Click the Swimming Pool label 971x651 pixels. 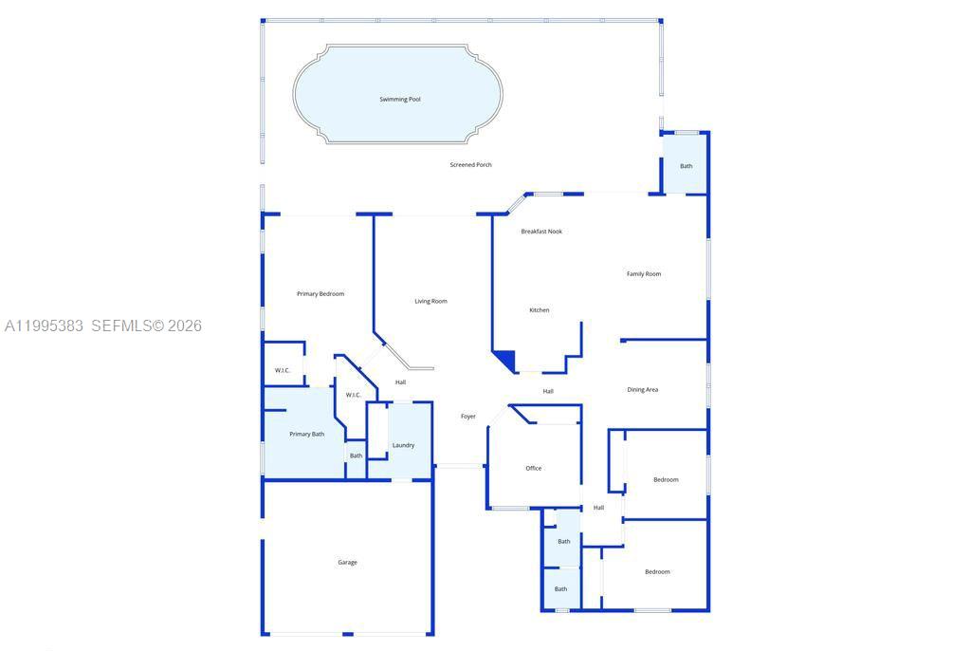[400, 100]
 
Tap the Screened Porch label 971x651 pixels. [470, 165]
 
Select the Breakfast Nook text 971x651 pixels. [541, 232]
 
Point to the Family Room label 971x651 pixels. [644, 274]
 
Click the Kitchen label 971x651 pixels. [539, 310]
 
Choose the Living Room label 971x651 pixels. [431, 302]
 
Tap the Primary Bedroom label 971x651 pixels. [321, 294]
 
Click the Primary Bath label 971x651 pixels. [306, 434]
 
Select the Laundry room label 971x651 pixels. [403, 445]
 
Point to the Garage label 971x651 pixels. [348, 563]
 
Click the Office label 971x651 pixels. [534, 468]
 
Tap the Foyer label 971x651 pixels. [468, 417]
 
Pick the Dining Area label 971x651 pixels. [643, 390]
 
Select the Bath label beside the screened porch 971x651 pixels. [686, 166]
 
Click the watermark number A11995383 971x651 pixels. [45, 326]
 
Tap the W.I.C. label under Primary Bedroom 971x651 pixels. [283, 370]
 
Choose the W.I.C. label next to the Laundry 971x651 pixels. [353, 395]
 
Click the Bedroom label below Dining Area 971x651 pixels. [666, 480]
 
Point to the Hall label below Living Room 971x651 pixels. [401, 382]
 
